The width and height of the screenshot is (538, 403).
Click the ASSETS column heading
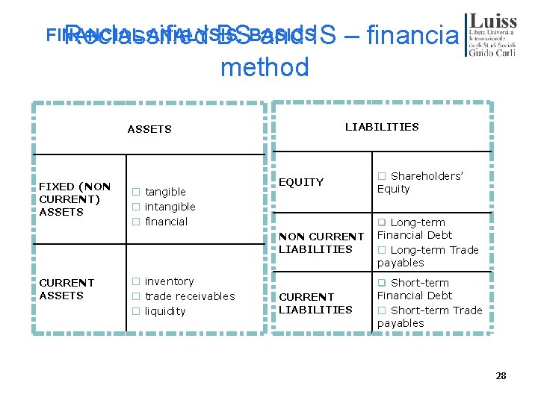click(149, 129)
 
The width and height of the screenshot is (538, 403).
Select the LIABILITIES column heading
click(381, 127)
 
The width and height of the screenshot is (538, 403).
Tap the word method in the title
click(265, 68)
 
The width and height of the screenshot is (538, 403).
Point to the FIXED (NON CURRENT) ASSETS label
click(75, 199)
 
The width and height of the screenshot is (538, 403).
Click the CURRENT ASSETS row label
click(67, 289)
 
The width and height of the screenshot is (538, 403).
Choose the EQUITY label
click(301, 182)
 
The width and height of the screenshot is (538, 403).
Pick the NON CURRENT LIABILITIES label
click(321, 243)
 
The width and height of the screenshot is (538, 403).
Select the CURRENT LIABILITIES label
click(315, 303)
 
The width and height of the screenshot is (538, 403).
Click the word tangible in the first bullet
click(165, 192)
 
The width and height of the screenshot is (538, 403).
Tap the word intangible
click(170, 207)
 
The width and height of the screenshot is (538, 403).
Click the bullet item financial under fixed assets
click(166, 222)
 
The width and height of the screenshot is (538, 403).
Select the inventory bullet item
click(169, 281)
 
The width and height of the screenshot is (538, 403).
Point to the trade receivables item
click(189, 296)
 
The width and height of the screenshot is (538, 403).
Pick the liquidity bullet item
click(165, 311)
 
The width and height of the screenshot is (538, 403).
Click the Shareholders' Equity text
click(422, 182)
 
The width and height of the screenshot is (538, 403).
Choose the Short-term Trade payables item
click(430, 316)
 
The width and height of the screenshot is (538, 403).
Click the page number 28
click(501, 375)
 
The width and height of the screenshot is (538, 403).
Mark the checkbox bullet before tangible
click(137, 192)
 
